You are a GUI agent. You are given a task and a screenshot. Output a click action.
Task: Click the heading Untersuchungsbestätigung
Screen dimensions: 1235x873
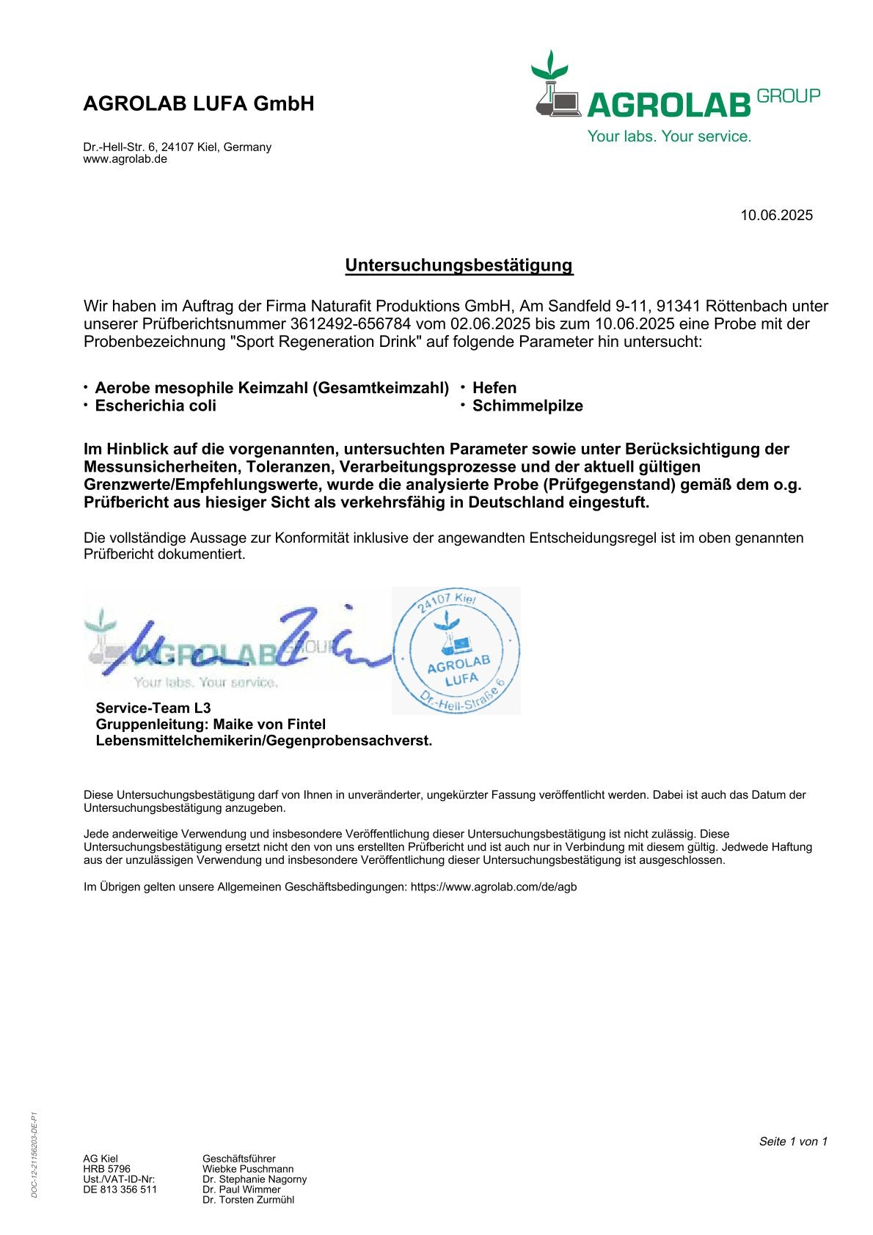(x=459, y=265)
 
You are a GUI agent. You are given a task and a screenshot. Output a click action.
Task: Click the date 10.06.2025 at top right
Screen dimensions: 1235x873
(x=776, y=215)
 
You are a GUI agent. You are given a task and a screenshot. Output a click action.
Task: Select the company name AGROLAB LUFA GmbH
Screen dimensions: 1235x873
(x=199, y=104)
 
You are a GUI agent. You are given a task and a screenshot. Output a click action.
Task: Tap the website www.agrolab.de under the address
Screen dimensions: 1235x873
(x=125, y=159)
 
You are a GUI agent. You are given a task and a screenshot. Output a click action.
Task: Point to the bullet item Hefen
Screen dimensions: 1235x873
(x=494, y=388)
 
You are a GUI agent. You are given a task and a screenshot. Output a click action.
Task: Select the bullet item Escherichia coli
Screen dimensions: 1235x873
(x=156, y=406)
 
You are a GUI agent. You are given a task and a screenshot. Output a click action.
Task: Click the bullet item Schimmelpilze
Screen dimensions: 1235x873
(x=527, y=406)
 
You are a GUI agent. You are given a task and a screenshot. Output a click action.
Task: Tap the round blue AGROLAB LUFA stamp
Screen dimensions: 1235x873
(x=457, y=651)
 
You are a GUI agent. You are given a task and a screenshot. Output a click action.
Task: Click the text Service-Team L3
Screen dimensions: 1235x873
(x=153, y=708)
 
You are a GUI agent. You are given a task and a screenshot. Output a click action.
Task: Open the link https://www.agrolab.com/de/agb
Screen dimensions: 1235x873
(x=494, y=887)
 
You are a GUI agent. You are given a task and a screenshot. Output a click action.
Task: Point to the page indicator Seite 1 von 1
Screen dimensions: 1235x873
(x=793, y=1141)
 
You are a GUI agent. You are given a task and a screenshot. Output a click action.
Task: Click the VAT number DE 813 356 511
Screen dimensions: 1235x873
(x=120, y=1190)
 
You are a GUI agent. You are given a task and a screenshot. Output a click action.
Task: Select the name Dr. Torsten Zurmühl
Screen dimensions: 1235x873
(x=248, y=1200)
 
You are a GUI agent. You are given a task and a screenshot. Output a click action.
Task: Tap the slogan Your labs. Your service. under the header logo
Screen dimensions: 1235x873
(x=669, y=136)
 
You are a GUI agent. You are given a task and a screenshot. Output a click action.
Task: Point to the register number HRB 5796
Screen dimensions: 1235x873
(x=106, y=1169)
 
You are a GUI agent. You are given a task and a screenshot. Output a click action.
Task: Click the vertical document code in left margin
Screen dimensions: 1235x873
(x=34, y=1155)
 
